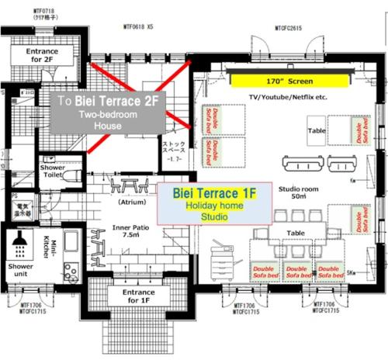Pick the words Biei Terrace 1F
209,191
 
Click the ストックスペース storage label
172,149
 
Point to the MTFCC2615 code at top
288,29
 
